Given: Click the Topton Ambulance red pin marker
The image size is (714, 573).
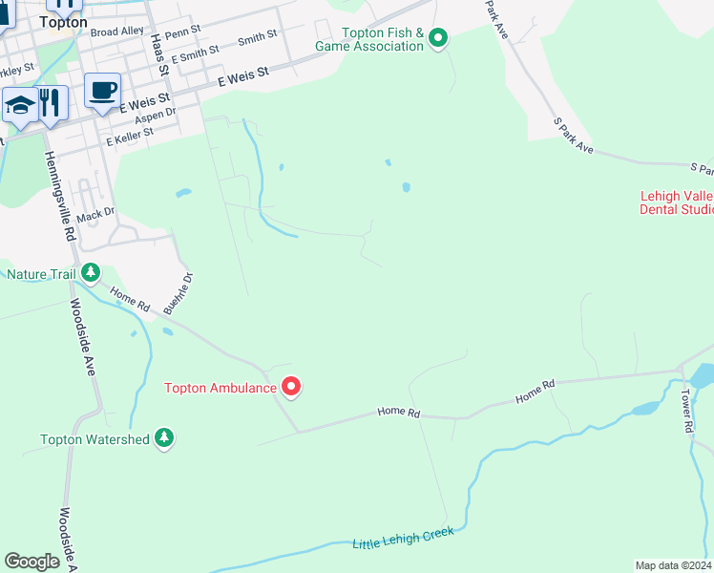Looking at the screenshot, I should coord(291,386).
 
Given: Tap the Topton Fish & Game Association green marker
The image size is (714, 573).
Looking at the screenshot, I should coord(438,38).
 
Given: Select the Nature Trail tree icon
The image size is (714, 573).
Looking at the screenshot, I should coord(91,273).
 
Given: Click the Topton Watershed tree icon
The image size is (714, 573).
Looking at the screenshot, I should coord(165,437).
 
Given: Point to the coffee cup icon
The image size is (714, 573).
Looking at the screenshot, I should coord(102,91).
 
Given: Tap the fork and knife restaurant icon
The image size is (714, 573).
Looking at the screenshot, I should coord(51,102).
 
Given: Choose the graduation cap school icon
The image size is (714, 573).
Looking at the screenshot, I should coord(19,105).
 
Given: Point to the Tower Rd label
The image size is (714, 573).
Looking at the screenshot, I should coord(685,412).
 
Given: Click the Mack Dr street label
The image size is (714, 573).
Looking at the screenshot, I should coord(95,217).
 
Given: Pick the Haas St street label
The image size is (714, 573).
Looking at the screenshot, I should coord(158,54).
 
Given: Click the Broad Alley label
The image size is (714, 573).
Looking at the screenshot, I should coord(116,32).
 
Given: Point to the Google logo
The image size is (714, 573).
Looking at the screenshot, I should coord(32,561).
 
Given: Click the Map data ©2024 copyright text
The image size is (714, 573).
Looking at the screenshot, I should coord(673,565).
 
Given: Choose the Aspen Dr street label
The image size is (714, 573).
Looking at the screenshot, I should coord(157,114).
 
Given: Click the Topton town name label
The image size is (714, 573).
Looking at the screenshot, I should coord(63,21).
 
